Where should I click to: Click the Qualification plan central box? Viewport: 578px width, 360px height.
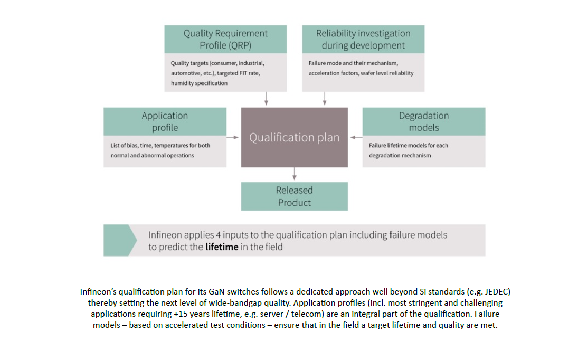(295, 138)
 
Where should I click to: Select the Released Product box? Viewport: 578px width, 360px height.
(295, 196)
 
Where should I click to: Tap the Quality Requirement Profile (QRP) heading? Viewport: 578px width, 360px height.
(225, 39)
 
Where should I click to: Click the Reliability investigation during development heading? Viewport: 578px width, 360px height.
(363, 39)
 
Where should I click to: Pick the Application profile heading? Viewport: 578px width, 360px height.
(165, 121)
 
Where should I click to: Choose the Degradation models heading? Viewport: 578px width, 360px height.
(423, 121)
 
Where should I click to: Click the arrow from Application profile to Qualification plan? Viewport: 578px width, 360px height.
(233, 138)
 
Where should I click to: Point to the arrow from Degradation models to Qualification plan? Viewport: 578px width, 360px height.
(355, 138)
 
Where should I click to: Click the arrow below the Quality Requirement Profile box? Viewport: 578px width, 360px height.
(266, 98)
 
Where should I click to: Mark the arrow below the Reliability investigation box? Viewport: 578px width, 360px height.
(324, 98)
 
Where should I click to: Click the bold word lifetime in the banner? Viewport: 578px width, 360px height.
(222, 247)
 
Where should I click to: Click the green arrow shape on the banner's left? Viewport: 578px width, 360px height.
(116, 240)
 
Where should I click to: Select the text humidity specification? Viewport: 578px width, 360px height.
(199, 83)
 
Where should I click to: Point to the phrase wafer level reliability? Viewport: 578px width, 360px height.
(387, 73)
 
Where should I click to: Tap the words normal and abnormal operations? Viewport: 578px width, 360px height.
(152, 156)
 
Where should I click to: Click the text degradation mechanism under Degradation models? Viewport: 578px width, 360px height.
(400, 156)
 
